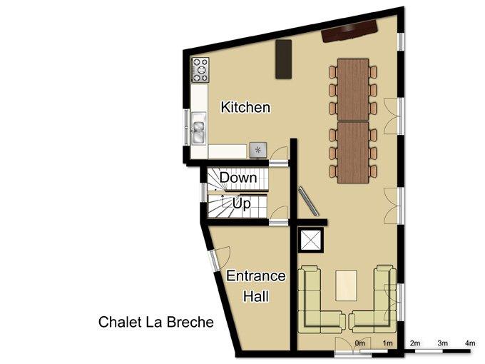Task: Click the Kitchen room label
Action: (x=245, y=107)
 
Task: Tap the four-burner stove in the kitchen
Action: (x=200, y=70)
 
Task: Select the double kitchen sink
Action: (x=198, y=128)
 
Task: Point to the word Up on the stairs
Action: (x=241, y=203)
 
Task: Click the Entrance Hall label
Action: (x=256, y=286)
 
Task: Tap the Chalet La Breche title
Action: (x=156, y=322)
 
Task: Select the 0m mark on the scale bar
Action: (x=359, y=343)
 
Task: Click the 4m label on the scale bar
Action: (x=470, y=343)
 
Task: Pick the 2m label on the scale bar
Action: (x=415, y=343)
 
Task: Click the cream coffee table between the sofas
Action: (x=347, y=285)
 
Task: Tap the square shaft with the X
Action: (x=311, y=241)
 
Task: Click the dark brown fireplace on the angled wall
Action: (x=349, y=31)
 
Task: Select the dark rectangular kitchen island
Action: (x=284, y=59)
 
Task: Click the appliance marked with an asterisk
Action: (x=258, y=150)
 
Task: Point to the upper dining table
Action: (x=353, y=89)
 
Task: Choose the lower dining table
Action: (x=353, y=152)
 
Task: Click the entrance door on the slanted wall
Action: (x=220, y=258)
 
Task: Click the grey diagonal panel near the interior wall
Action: (x=309, y=201)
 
